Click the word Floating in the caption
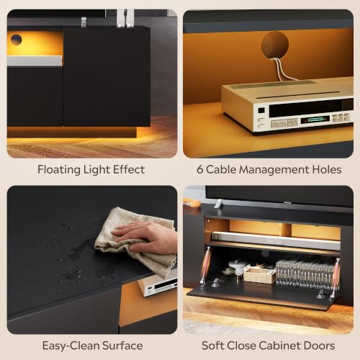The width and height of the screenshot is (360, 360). (x=59, y=170)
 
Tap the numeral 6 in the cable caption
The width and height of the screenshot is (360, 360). (x=200, y=169)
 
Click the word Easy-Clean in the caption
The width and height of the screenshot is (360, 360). (x=71, y=346)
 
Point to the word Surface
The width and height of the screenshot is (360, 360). (x=122, y=346)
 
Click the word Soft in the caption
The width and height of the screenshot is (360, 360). (x=213, y=346)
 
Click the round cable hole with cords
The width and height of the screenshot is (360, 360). (x=275, y=45)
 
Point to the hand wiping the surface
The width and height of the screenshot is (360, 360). (x=145, y=237)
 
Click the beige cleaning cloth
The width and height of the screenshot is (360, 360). (x=135, y=243)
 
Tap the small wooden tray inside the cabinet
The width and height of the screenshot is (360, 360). (x=259, y=274)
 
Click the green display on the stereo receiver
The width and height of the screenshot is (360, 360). (x=315, y=120)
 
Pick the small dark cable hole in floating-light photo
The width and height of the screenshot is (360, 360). (x=16, y=40)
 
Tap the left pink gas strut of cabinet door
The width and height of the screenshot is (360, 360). (x=206, y=266)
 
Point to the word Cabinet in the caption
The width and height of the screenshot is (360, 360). (x=279, y=346)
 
